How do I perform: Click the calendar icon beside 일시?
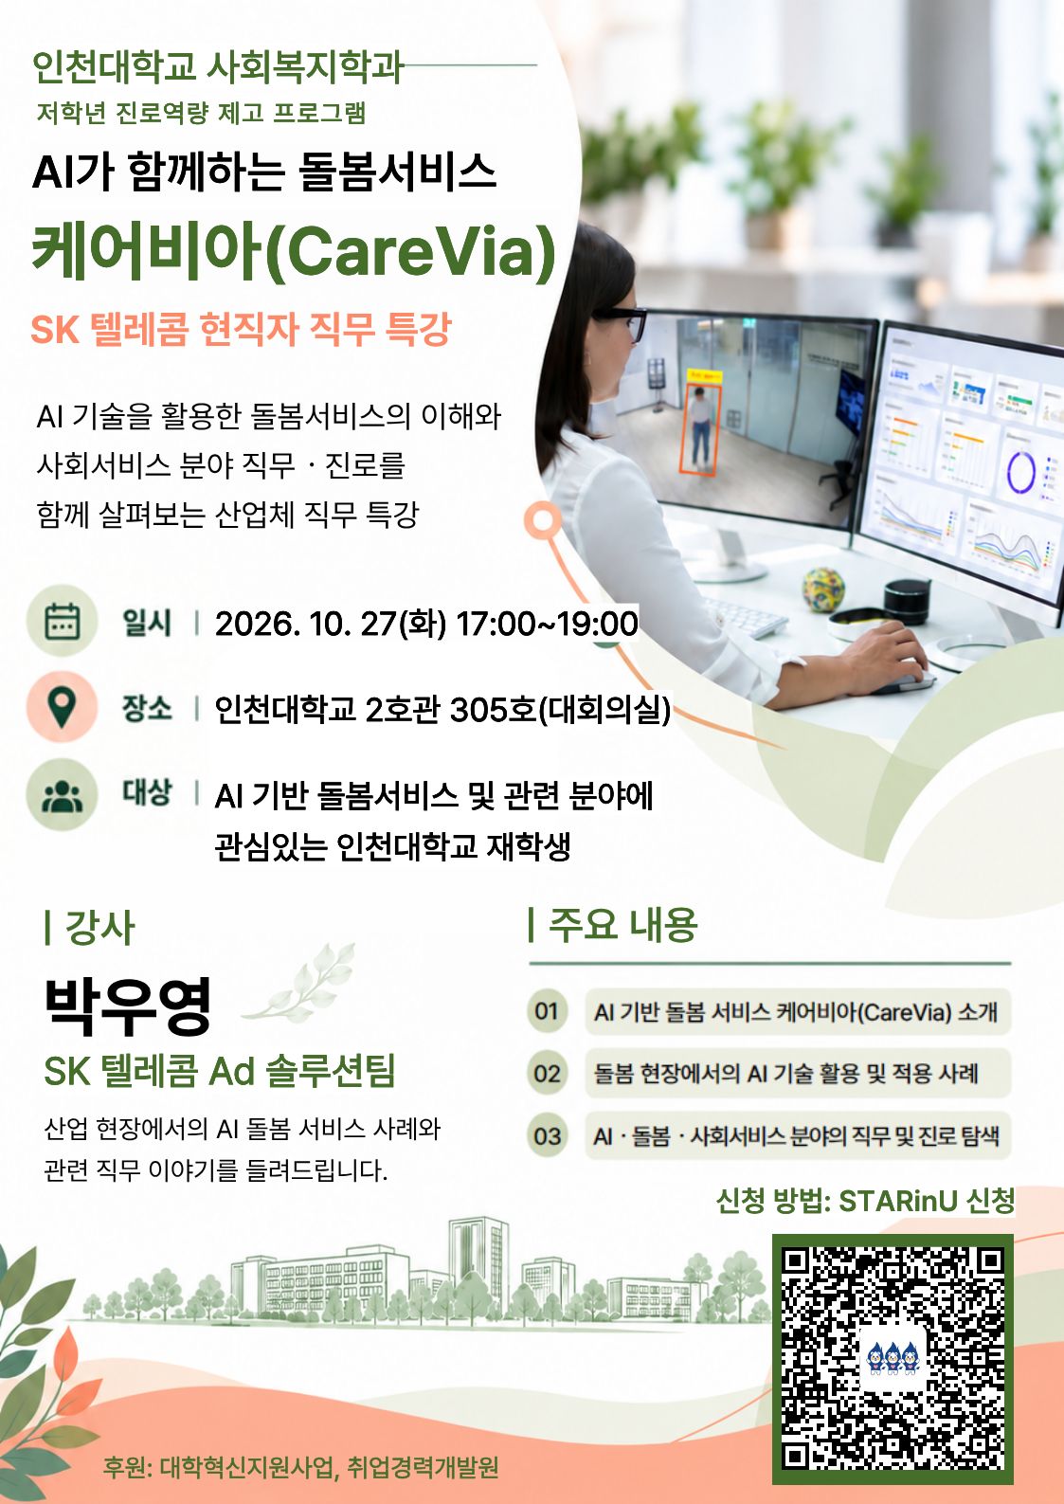tap(62, 621)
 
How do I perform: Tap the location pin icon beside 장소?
tap(62, 706)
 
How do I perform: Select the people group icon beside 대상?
tap(62, 794)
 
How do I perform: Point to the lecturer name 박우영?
tap(128, 1006)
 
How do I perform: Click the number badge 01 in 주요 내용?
tap(547, 1010)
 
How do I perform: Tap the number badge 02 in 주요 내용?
tap(547, 1073)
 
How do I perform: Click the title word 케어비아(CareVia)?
tap(294, 251)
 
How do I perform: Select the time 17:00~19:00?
tap(547, 623)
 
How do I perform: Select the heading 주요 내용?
tap(623, 925)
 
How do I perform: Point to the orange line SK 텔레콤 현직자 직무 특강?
tap(241, 329)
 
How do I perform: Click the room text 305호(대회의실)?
tap(560, 709)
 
